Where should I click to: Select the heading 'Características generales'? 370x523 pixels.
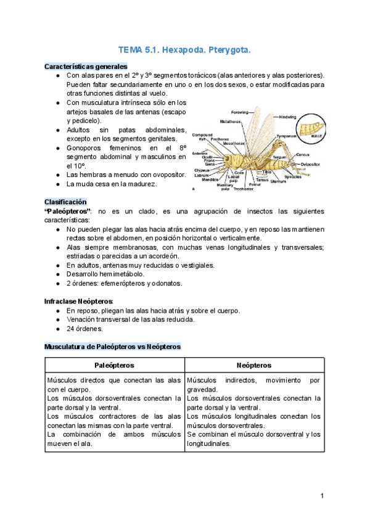(x=86, y=66)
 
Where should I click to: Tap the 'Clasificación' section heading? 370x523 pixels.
(x=65, y=202)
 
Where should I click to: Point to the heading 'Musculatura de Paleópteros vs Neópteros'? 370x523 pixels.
(x=112, y=347)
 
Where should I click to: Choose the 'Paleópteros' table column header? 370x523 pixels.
(x=114, y=366)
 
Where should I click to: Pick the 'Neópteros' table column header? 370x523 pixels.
(x=254, y=366)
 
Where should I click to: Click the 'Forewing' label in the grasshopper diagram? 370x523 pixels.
(x=239, y=112)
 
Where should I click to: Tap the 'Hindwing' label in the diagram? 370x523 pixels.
(x=289, y=117)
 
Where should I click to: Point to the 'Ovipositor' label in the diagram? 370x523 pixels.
(x=310, y=164)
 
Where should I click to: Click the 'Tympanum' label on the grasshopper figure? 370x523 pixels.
(x=286, y=136)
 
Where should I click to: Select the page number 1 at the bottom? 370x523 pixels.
(x=322, y=495)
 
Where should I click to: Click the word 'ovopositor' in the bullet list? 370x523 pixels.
(x=165, y=175)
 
